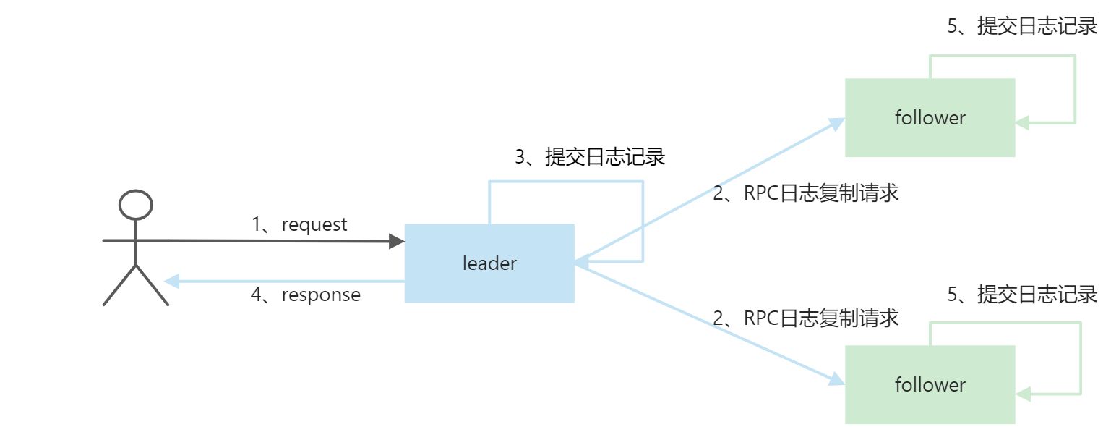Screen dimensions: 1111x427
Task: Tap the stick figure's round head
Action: (x=136, y=205)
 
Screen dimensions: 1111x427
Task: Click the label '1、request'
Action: (x=299, y=224)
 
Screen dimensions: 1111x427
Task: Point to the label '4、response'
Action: (x=305, y=295)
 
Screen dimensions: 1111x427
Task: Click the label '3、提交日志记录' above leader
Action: (x=590, y=157)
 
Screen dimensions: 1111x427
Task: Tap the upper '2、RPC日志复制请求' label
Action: (x=805, y=193)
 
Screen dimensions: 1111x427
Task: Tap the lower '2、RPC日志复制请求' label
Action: (x=805, y=318)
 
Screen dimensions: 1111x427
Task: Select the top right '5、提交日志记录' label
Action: (x=1022, y=27)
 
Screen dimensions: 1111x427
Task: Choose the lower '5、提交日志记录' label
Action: (x=1022, y=295)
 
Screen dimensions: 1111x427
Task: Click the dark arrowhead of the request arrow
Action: (x=397, y=241)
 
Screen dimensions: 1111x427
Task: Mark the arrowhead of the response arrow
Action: (x=171, y=282)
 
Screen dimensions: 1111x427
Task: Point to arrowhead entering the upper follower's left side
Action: (x=838, y=122)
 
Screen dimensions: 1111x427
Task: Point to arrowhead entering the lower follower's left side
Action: (x=838, y=380)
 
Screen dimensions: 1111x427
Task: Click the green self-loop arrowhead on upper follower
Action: (x=1023, y=123)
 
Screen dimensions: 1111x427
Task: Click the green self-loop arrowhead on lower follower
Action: (x=1023, y=394)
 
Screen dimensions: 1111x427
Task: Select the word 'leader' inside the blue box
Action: (x=489, y=263)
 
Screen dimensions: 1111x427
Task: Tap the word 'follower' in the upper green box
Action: (x=930, y=117)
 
